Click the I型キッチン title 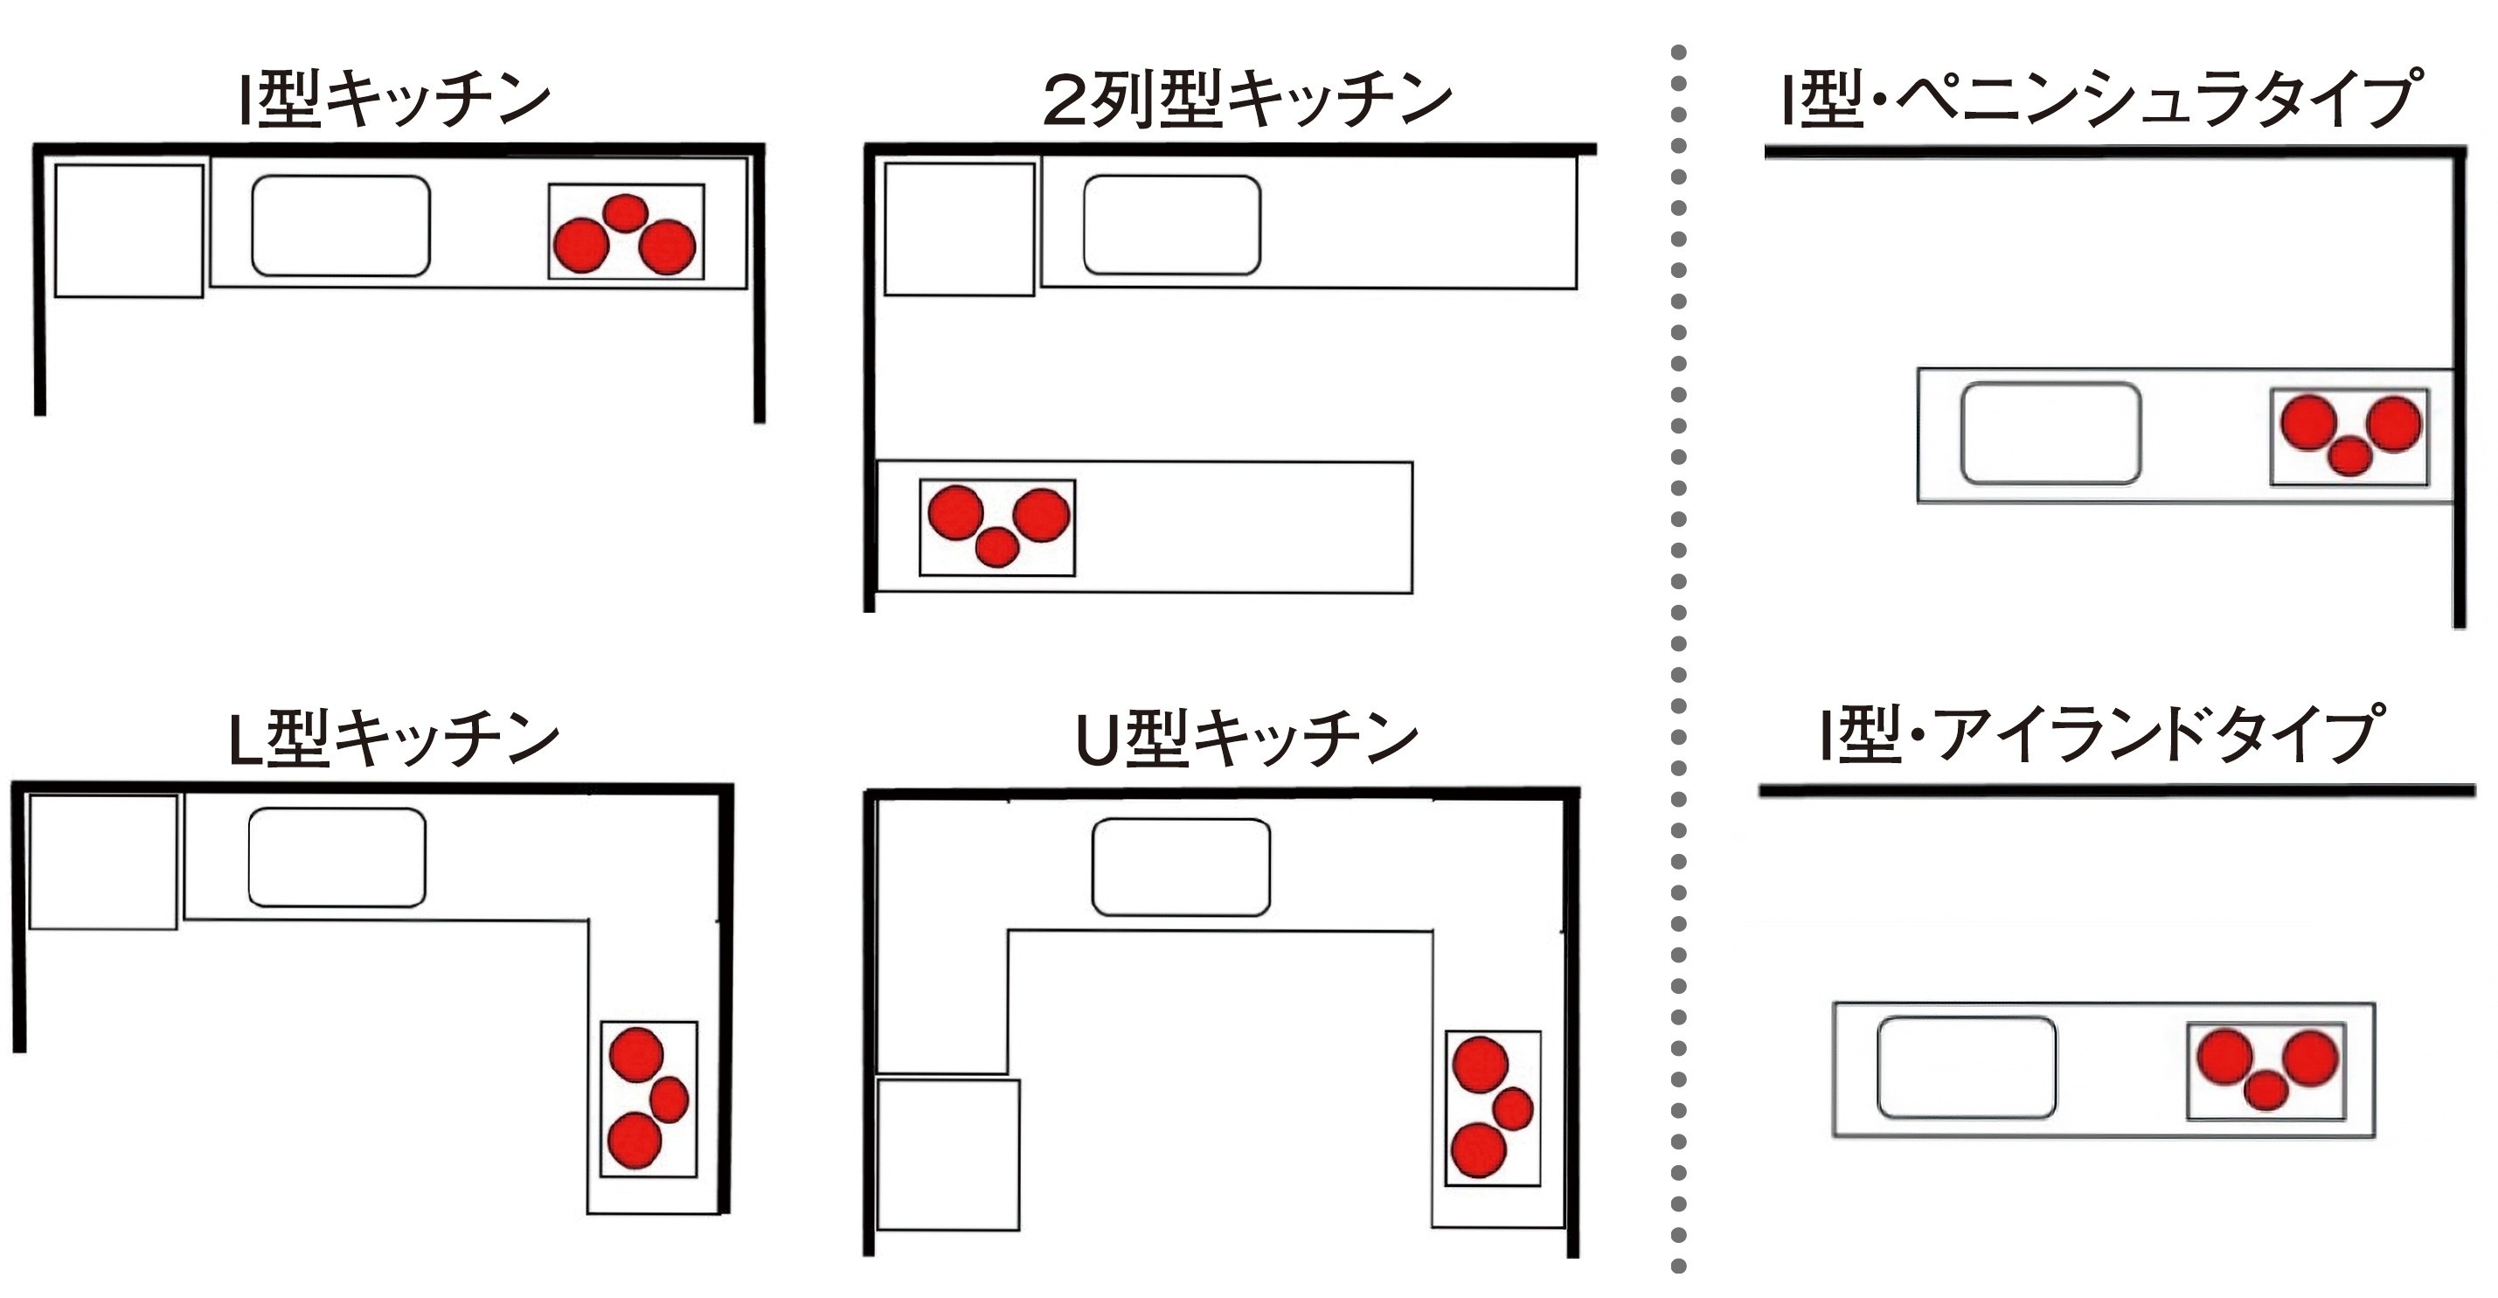395,98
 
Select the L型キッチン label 392,737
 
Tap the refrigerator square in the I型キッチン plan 129,231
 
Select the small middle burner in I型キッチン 626,212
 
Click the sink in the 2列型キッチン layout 1171,225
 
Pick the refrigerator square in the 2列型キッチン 959,229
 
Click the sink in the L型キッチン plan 337,857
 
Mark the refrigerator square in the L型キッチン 103,863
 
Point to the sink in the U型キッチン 1180,867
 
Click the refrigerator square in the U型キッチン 947,1155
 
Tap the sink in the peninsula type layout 2050,434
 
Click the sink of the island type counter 1966,1068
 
